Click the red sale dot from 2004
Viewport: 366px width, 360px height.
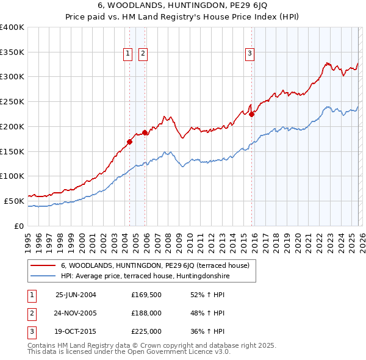pos(129,142)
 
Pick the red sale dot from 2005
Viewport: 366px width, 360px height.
pos(145,132)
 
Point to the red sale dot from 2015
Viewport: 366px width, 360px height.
pos(252,114)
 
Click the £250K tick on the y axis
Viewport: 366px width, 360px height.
pos(12,101)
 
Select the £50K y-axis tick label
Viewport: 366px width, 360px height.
pos(14,201)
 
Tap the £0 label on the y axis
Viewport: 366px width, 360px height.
pos(19,226)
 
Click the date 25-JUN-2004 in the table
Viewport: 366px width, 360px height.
pos(76,295)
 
